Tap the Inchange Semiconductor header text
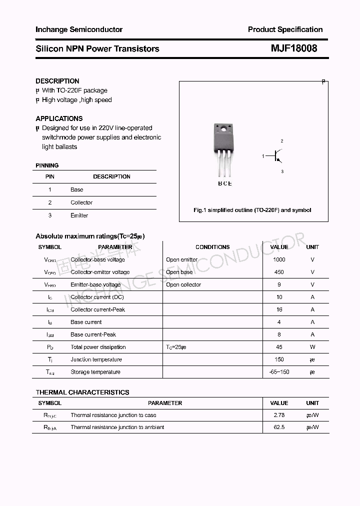tap(79, 29)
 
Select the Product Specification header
tap(285, 29)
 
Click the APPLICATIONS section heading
tap(59, 118)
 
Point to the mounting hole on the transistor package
tap(222, 129)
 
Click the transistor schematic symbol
tap(275, 156)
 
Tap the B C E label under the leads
tap(224, 183)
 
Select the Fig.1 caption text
tap(252, 210)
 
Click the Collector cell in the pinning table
tap(81, 202)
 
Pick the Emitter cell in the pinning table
tap(79, 215)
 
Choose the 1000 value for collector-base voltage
tap(279, 259)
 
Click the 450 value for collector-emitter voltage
tap(279, 272)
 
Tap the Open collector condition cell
tap(183, 284)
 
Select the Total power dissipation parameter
tap(98, 347)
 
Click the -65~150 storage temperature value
tap(279, 372)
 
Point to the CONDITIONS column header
tap(212, 247)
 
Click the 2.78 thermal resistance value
tap(279, 415)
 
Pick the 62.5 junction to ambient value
tap(279, 427)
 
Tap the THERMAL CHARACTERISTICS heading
tap(82, 392)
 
